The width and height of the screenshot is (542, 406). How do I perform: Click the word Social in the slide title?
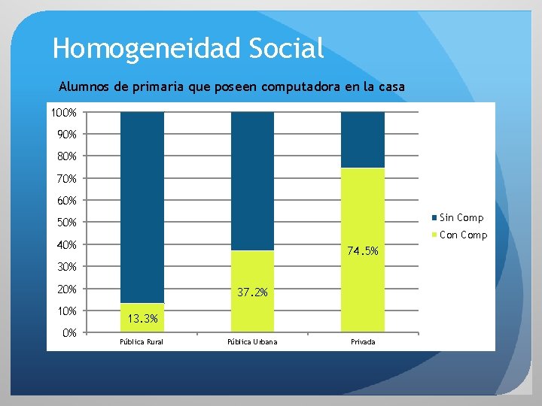[282, 48]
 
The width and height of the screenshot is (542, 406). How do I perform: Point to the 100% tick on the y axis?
[63, 113]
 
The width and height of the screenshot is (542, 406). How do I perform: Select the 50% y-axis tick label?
[65, 223]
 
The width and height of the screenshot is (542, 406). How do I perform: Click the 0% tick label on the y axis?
[69, 333]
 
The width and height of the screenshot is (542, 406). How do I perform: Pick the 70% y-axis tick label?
[65, 179]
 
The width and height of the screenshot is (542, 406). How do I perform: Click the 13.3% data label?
[142, 319]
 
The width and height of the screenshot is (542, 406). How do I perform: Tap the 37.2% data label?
[251, 292]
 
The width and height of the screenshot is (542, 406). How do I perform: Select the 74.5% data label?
[362, 251]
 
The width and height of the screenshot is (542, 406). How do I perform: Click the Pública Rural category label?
[142, 343]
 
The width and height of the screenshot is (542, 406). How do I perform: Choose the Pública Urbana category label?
[252, 343]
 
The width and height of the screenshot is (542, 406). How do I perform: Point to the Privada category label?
[363, 343]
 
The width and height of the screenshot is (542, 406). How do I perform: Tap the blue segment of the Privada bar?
[363, 140]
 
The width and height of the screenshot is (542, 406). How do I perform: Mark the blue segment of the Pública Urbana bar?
[252, 180]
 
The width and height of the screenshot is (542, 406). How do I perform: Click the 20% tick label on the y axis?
[65, 289]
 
